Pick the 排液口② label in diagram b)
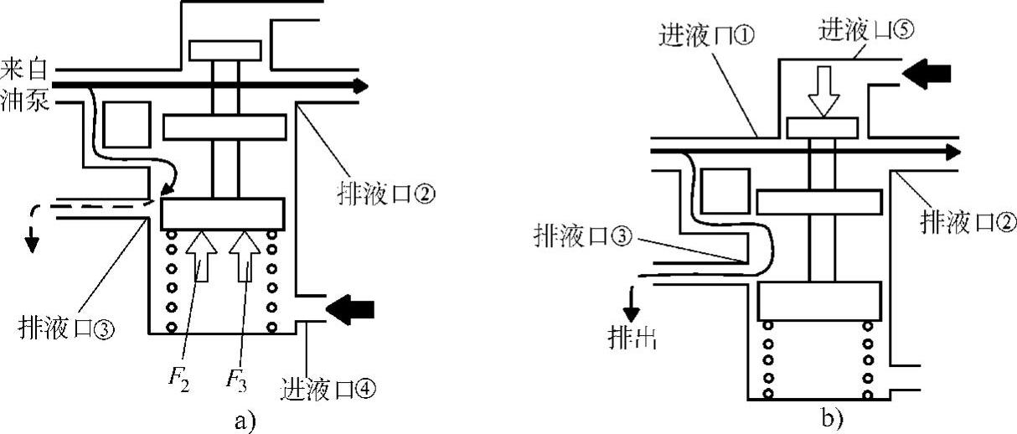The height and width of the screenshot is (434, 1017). tap(963, 222)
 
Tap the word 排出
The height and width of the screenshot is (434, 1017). tap(632, 338)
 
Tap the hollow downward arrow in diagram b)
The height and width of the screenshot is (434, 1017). tap(823, 95)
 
